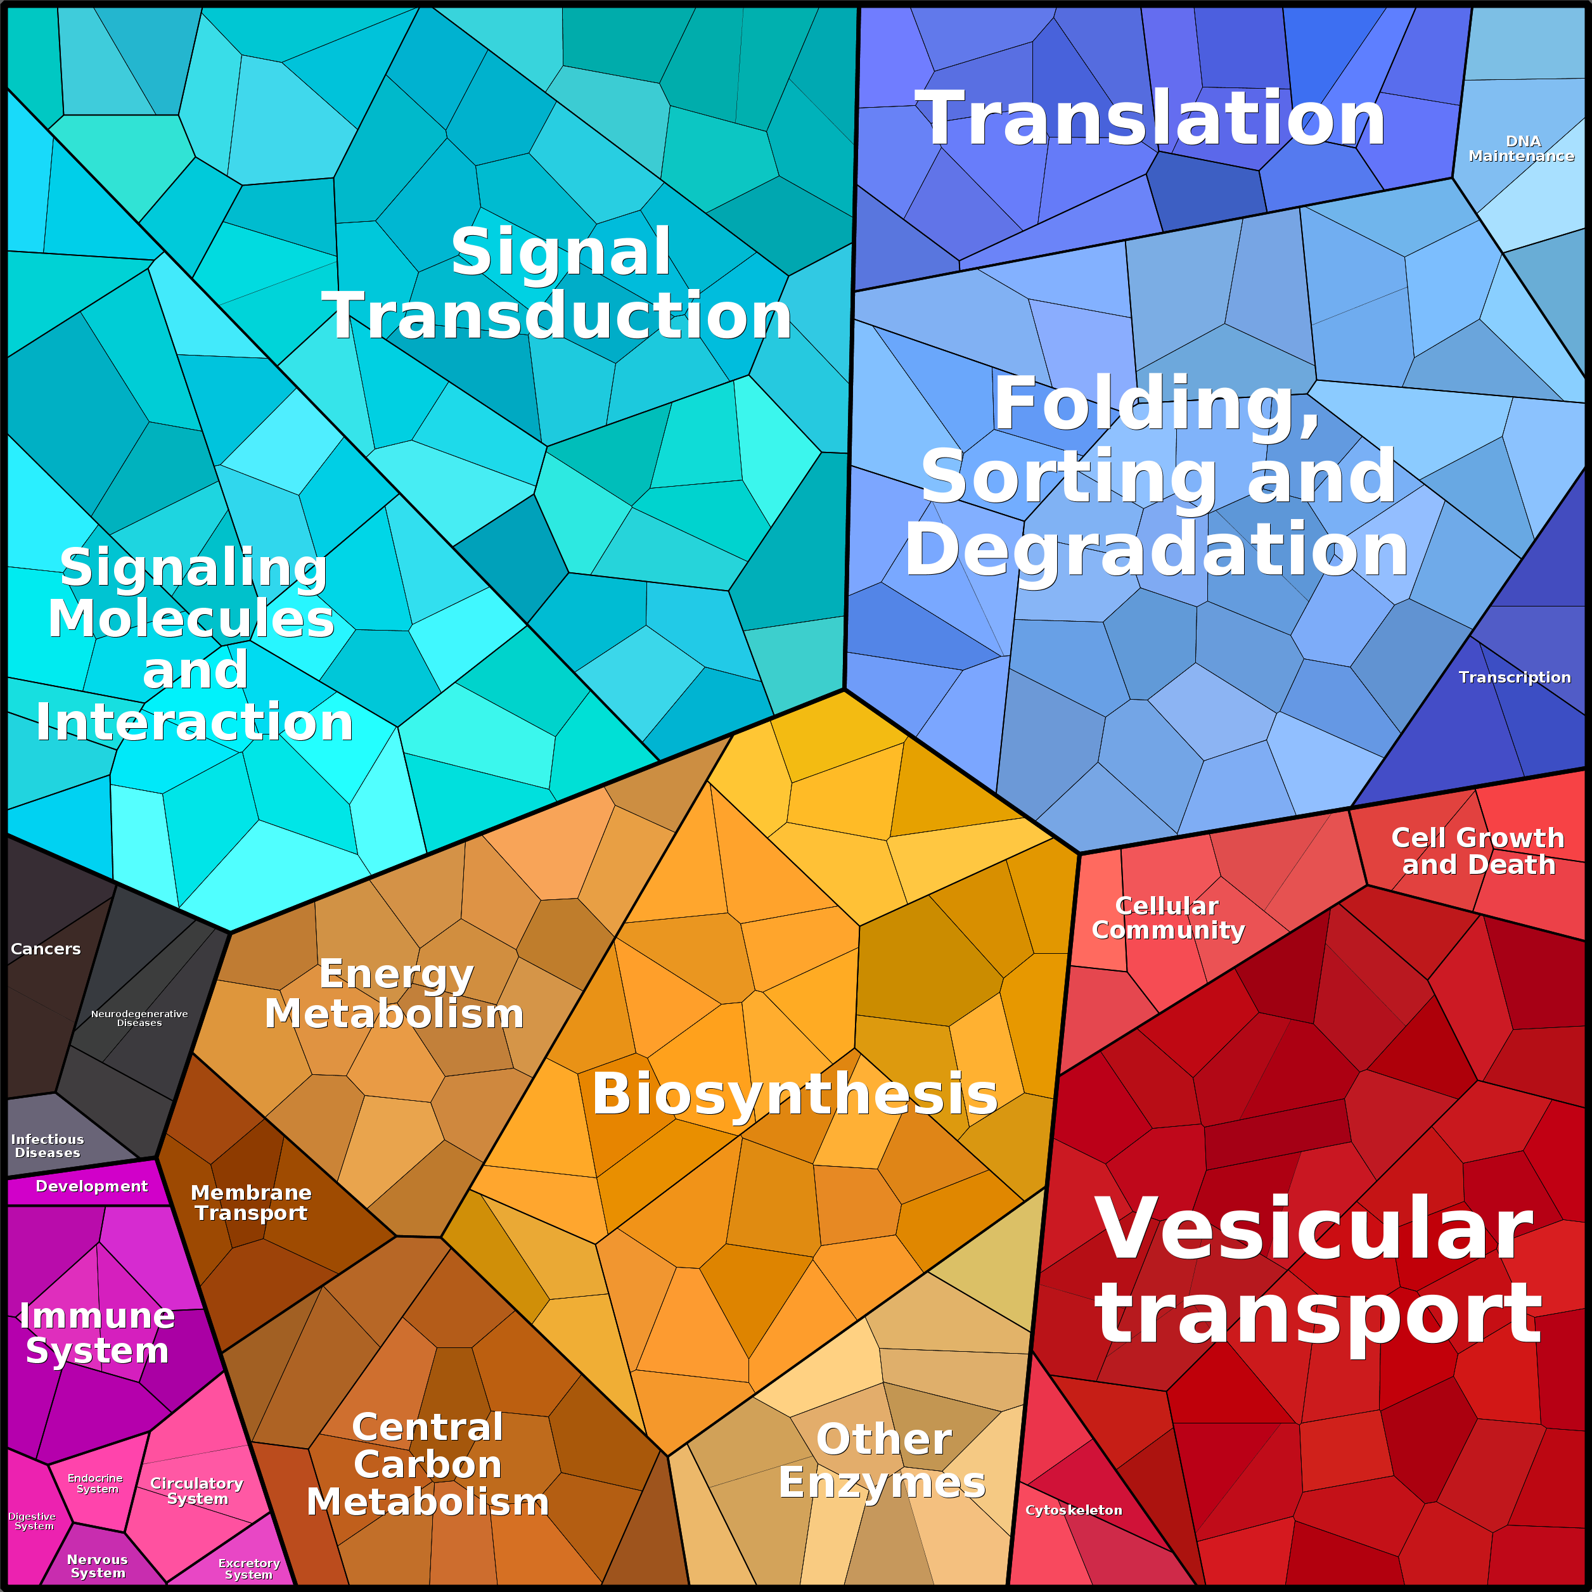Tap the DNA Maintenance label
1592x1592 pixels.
pyautogui.click(x=1521, y=148)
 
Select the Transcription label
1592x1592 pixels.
pyautogui.click(x=1515, y=677)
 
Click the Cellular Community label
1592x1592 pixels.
pyautogui.click(x=1167, y=918)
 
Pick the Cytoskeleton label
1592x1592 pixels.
pyautogui.click(x=1074, y=1510)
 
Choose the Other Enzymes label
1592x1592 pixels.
pyautogui.click(x=883, y=1461)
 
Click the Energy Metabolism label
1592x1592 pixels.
pyautogui.click(x=395, y=994)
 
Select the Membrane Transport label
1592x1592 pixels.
pyautogui.click(x=252, y=1202)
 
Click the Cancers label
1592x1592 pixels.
pyautogui.click(x=46, y=949)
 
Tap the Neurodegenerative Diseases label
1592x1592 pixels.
pyautogui.click(x=139, y=1018)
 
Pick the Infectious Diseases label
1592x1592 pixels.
pyautogui.click(x=48, y=1145)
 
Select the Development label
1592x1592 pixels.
pyautogui.click(x=91, y=1186)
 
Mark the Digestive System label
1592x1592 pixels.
pyautogui.click(x=33, y=1521)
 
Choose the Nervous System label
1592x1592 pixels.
pyautogui.click(x=97, y=1565)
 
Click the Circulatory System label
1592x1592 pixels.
pyautogui.click(x=197, y=1491)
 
